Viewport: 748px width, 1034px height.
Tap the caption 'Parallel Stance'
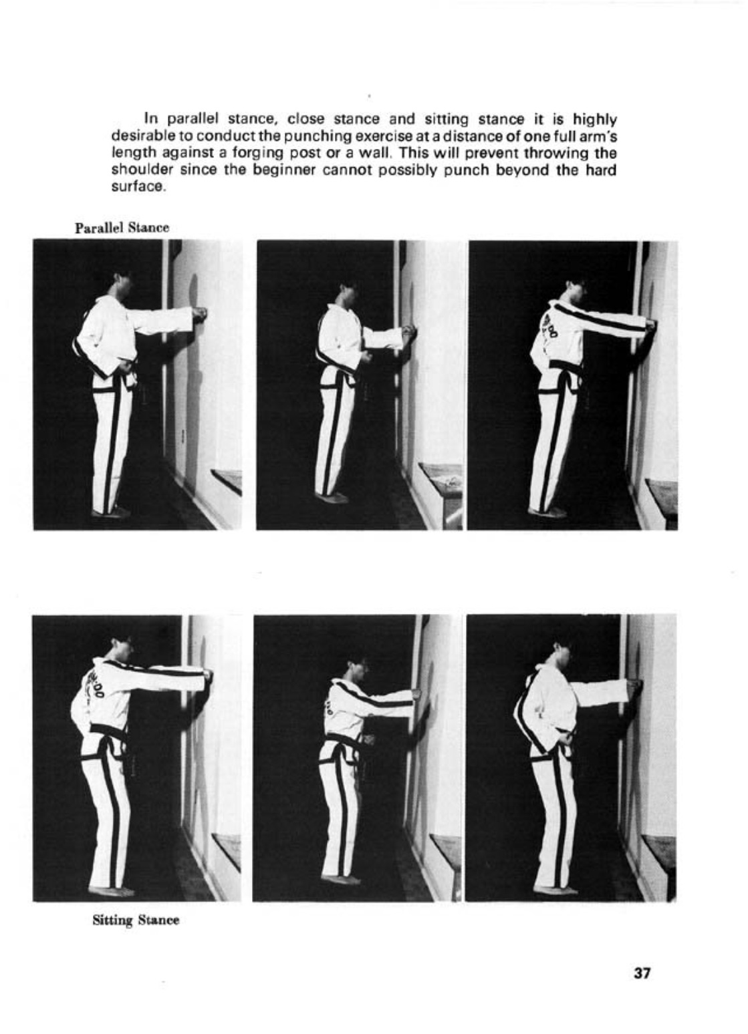[x=122, y=228]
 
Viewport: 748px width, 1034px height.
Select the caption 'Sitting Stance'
[x=136, y=920]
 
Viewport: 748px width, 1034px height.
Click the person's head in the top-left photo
[x=123, y=284]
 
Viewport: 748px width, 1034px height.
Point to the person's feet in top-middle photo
[x=332, y=497]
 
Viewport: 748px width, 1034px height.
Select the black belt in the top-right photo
[x=565, y=366]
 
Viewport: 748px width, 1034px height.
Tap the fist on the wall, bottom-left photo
[x=208, y=676]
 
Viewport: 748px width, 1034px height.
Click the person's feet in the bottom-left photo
[x=111, y=890]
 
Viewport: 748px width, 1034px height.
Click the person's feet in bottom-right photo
[x=555, y=889]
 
